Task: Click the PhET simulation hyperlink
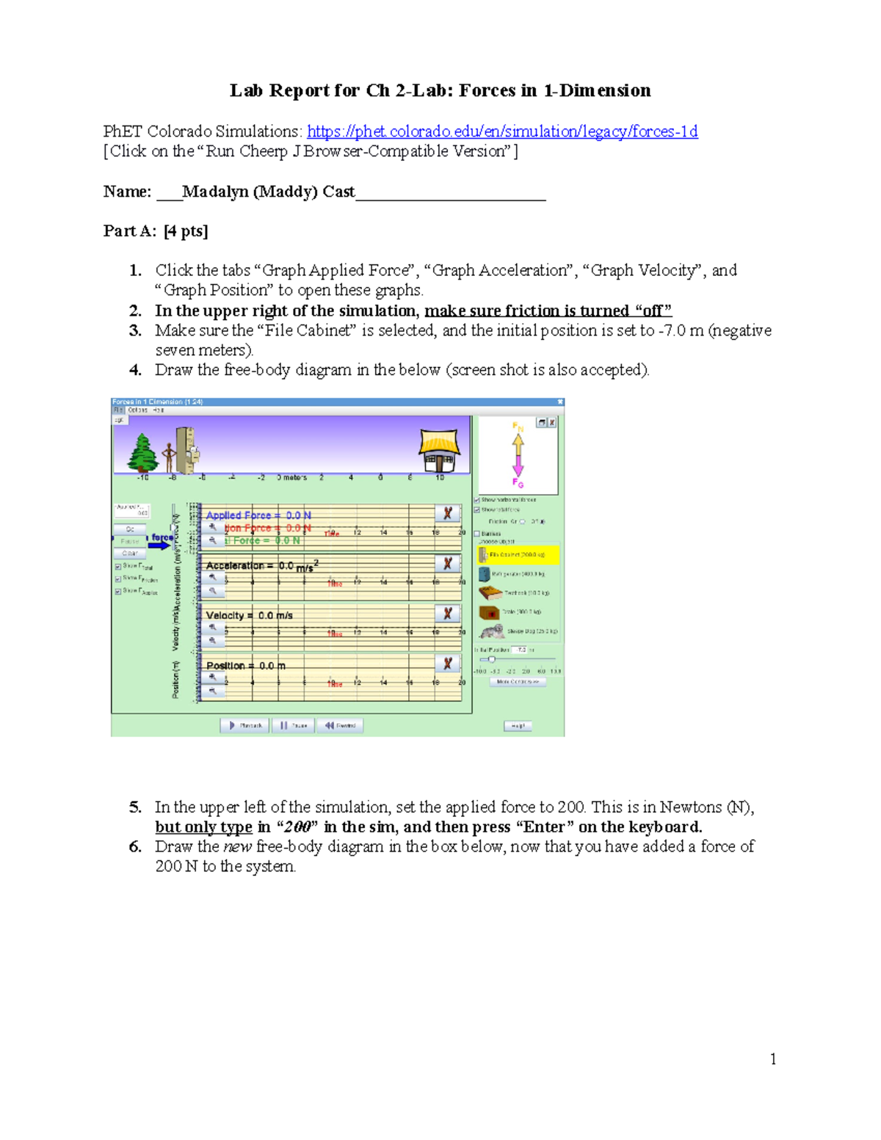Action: pos(502,131)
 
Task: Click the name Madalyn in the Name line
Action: pos(214,192)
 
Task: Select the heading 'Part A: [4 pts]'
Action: pos(156,231)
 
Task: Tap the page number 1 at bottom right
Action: pos(773,1059)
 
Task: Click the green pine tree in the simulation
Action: pos(142,453)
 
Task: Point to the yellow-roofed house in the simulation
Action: pos(439,450)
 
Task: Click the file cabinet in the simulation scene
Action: pos(186,449)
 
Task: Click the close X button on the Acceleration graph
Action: pos(447,564)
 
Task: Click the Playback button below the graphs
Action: pos(245,725)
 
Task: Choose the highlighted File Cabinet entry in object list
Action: pos(518,555)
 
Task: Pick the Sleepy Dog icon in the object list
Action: pos(492,631)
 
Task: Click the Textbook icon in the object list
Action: pos(490,592)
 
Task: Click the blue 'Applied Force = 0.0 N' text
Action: pos(258,515)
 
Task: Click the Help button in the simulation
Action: pos(518,726)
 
